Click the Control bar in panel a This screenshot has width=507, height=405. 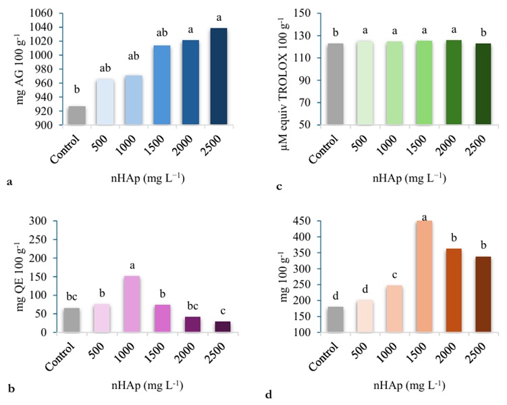76,115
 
